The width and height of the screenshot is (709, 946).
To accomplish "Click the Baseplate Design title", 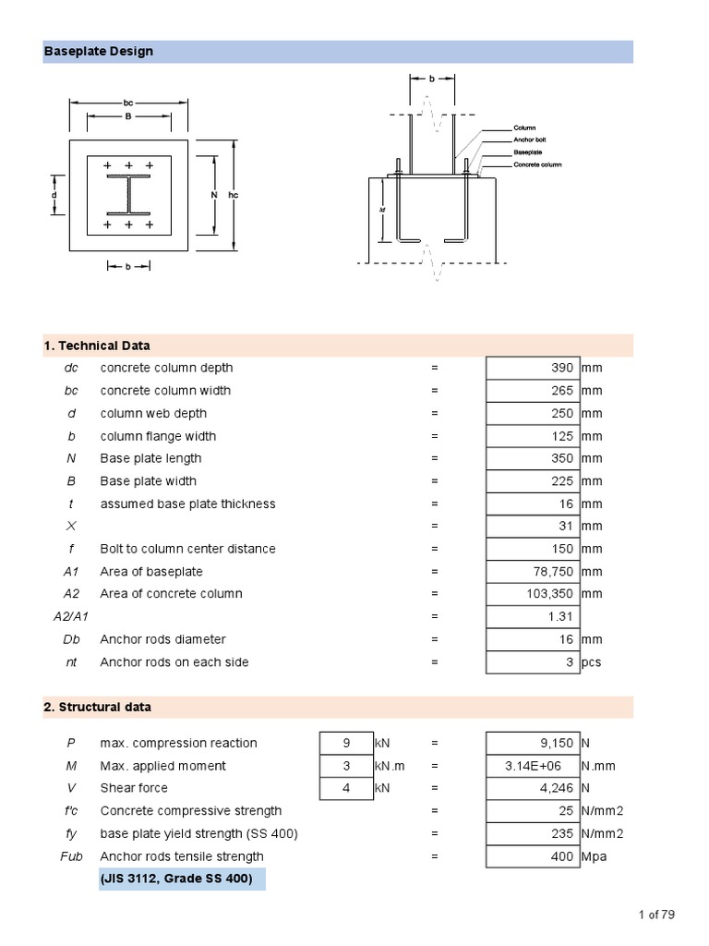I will tap(99, 52).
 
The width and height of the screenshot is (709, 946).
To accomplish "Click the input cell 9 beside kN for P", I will tap(345, 744).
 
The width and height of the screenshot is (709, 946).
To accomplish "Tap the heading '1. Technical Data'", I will tap(97, 346).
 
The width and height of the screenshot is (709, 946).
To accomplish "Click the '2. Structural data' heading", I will tap(98, 708).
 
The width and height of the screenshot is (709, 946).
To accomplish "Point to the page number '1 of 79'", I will tap(656, 916).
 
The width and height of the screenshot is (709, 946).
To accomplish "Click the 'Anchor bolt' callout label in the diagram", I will tap(530, 139).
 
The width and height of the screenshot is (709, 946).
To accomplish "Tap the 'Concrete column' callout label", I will tap(537, 165).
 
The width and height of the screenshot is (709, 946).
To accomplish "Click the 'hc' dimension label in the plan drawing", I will tap(234, 196).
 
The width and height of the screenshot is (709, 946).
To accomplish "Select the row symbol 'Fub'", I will tap(71, 856).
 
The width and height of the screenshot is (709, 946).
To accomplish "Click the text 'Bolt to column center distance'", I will tap(187, 549).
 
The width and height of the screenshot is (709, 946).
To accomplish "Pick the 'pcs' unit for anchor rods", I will tap(591, 662).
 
